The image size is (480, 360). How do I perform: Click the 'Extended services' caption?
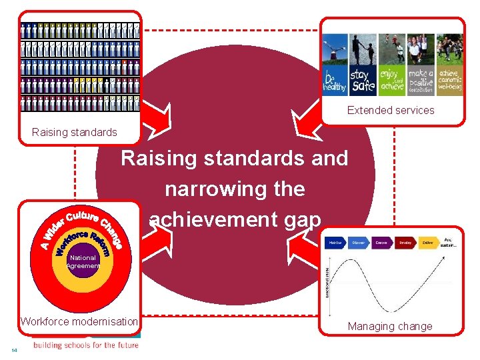click(391, 111)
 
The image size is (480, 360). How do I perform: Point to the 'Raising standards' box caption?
click(74, 132)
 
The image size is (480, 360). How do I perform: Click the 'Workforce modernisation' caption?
click(79, 321)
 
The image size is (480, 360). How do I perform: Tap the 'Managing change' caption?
click(390, 327)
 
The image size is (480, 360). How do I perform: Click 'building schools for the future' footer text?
click(86, 345)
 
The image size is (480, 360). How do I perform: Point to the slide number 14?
click(14, 350)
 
